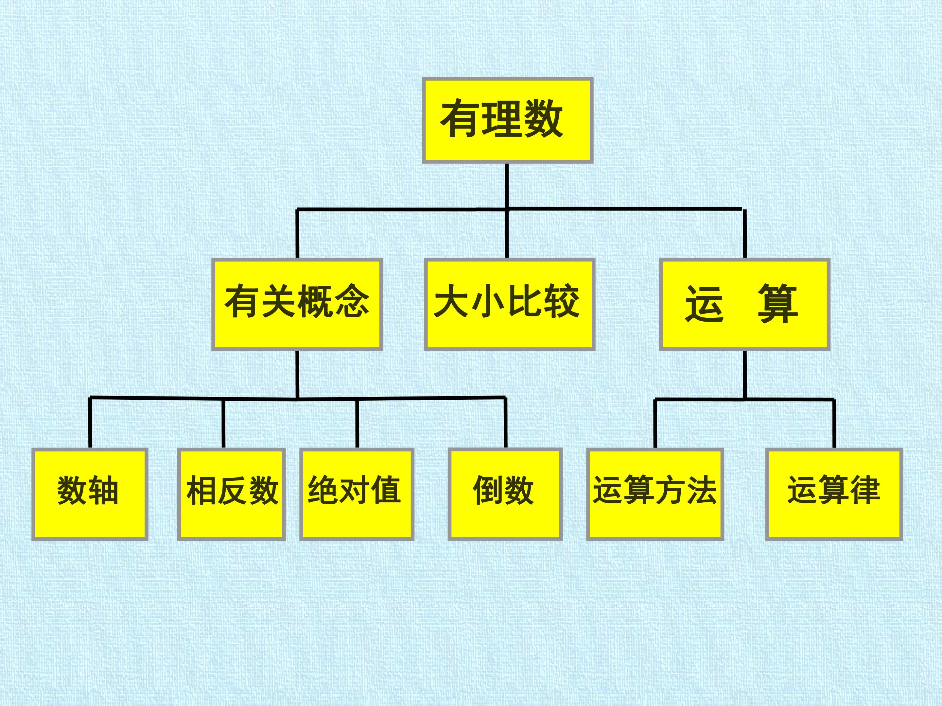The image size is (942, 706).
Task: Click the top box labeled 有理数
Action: pyautogui.click(x=507, y=120)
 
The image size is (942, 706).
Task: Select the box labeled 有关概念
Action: pyautogui.click(x=297, y=304)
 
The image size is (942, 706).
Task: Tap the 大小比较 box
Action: pyautogui.click(x=509, y=304)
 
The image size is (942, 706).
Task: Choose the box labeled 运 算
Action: pyautogui.click(x=745, y=304)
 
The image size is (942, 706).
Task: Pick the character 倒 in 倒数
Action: pyautogui.click(x=488, y=490)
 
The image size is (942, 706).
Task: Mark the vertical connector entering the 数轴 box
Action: pyautogui.click(x=90, y=423)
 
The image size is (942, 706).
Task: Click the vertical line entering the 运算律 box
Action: pyautogui.click(x=834, y=424)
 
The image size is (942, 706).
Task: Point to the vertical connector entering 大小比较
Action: pyautogui.click(x=507, y=234)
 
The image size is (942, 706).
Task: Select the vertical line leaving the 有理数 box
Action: pyautogui.click(x=507, y=186)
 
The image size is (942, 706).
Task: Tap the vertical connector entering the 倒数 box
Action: pyautogui.click(x=505, y=423)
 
